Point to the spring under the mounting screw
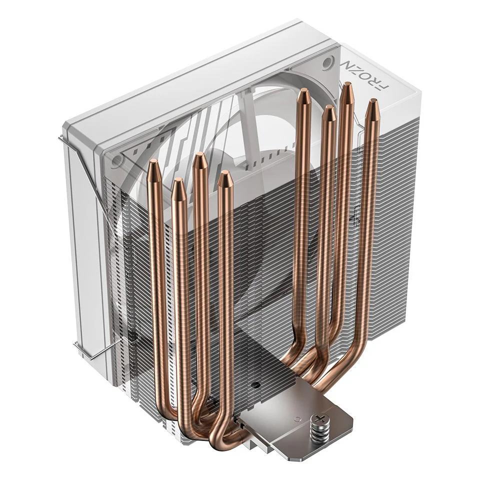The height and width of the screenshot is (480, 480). tap(320, 433)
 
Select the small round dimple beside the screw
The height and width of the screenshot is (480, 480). tap(297, 418)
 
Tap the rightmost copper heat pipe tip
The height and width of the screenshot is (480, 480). tap(372, 108)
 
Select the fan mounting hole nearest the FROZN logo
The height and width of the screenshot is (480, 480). tap(327, 63)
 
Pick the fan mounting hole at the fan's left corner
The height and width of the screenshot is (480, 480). tap(117, 160)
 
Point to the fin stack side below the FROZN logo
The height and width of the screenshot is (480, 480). tap(395, 200)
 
